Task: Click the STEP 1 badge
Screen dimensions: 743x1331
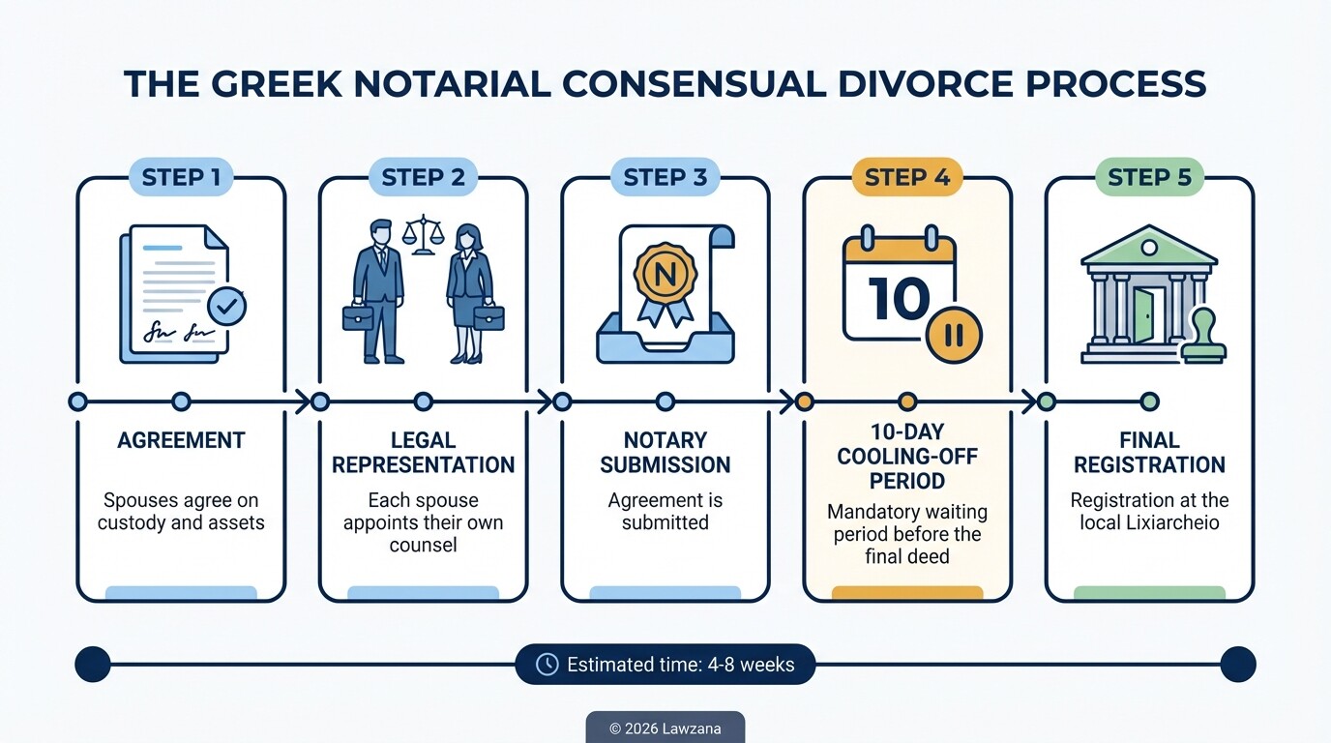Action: pyautogui.click(x=181, y=178)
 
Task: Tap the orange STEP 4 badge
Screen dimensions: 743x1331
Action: pyautogui.click(x=906, y=178)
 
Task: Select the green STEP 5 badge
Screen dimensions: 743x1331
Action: pyautogui.click(x=1149, y=178)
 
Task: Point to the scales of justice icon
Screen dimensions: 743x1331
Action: pyautogui.click(x=423, y=233)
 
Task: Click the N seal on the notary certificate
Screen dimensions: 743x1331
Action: pyautogui.click(x=665, y=274)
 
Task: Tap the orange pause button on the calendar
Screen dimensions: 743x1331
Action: pyautogui.click(x=953, y=335)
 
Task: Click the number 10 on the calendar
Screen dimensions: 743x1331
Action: pyautogui.click(x=899, y=298)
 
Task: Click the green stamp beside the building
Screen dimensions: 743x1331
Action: pyautogui.click(x=1203, y=335)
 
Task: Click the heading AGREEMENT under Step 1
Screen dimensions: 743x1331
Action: pyautogui.click(x=181, y=440)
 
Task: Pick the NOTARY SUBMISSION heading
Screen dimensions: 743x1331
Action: pyautogui.click(x=665, y=452)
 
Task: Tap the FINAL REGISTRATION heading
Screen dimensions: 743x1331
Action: pyautogui.click(x=1149, y=452)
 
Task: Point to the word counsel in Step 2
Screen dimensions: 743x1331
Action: pyautogui.click(x=423, y=545)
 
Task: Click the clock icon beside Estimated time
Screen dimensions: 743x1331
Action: pyautogui.click(x=547, y=665)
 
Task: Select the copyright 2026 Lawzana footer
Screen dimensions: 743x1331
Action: pyautogui.click(x=665, y=728)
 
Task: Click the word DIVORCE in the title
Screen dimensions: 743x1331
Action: pyautogui.click(x=905, y=84)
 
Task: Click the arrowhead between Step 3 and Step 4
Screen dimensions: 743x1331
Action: pyautogui.click(x=786, y=401)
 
